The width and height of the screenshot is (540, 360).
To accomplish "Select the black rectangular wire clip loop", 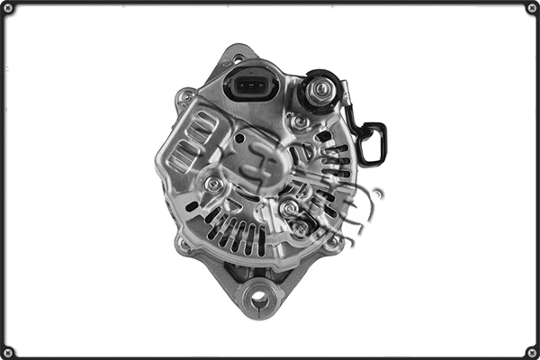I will click(x=372, y=143).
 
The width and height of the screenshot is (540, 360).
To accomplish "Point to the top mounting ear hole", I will click(x=238, y=58).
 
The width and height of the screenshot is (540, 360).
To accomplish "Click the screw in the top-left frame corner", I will click(x=8, y=8).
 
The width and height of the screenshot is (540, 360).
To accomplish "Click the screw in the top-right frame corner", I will click(x=531, y=8).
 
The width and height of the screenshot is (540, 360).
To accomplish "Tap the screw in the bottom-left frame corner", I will click(x=8, y=351).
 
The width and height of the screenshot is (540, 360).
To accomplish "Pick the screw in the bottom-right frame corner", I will click(x=531, y=351).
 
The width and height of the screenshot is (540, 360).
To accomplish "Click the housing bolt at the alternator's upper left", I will click(x=185, y=94).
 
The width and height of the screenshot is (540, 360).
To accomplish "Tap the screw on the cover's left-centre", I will click(x=213, y=184).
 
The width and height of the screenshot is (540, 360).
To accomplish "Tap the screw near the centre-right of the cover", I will click(x=289, y=209).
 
